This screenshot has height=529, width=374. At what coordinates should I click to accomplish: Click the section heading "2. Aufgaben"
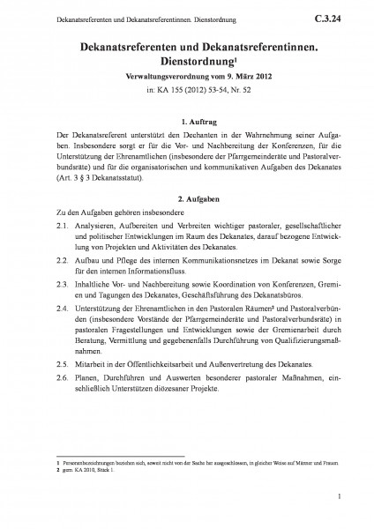point(187,199)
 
